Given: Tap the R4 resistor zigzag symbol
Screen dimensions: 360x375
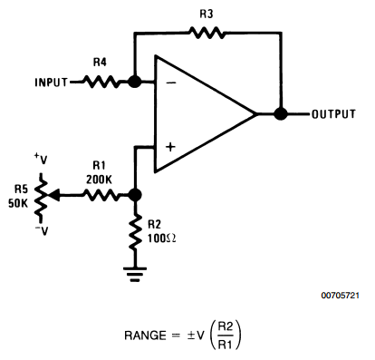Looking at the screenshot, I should point(101,81).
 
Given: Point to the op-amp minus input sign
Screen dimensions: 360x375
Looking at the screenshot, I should point(169,83).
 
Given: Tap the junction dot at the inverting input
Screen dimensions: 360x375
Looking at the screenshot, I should point(134,81).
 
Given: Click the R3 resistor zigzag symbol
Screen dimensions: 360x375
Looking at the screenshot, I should point(207,32).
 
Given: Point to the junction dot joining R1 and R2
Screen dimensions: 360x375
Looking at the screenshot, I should point(135,194).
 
